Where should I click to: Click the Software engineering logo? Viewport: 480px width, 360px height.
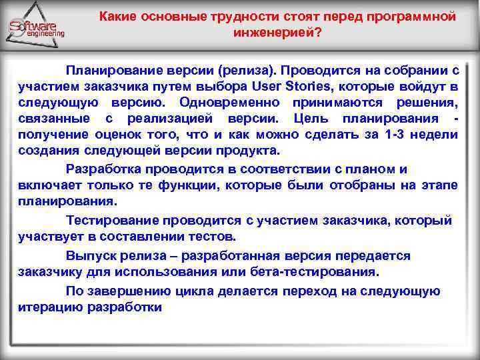(x=37, y=29)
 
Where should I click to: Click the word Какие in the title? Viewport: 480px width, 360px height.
(x=116, y=17)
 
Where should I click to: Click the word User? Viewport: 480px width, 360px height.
(x=269, y=86)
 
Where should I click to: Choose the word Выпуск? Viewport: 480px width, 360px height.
(x=87, y=255)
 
